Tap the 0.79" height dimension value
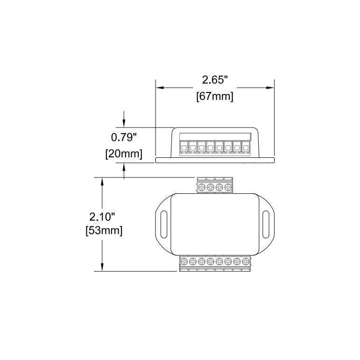point(123,137)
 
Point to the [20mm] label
point(123,154)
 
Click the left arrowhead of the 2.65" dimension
point(159,87)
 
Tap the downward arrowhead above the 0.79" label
point(124,124)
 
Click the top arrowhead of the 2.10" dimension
point(102,181)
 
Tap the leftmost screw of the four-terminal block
point(202,188)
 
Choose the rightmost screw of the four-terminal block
point(228,188)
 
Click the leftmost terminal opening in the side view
point(184,148)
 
